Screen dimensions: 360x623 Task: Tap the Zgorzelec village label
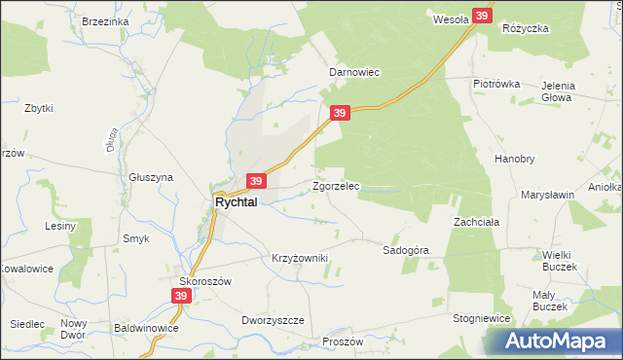pyautogui.click(x=336, y=185)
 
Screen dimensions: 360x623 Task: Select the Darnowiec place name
pyautogui.click(x=353, y=72)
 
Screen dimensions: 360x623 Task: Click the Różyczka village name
pyautogui.click(x=526, y=28)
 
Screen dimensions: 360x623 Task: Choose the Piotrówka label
pyautogui.click(x=496, y=84)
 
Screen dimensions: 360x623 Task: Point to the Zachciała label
pyautogui.click(x=476, y=222)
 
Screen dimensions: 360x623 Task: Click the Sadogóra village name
pyautogui.click(x=406, y=250)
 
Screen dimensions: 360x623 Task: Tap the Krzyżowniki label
pyautogui.click(x=300, y=258)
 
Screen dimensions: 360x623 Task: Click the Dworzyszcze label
pyautogui.click(x=273, y=320)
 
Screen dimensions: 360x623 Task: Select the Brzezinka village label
pyautogui.click(x=106, y=21)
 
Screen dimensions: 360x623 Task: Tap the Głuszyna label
pyautogui.click(x=151, y=177)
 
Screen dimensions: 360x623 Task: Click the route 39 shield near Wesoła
pyautogui.click(x=482, y=17)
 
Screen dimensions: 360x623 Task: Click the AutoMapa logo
pyautogui.click(x=558, y=341)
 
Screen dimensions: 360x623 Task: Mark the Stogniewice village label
pyautogui.click(x=483, y=317)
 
